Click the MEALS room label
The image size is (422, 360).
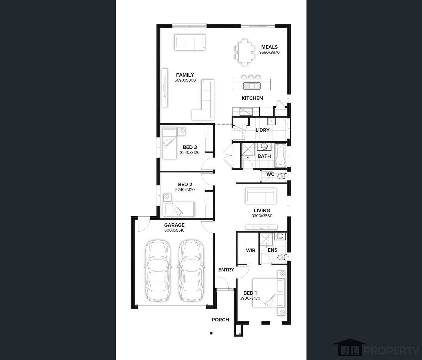point(269,47)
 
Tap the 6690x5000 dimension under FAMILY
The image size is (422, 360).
point(185,80)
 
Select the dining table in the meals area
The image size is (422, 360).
point(245,52)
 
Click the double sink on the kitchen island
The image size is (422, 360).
point(252,86)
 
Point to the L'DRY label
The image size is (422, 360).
point(263,130)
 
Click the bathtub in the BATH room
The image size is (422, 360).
point(280,156)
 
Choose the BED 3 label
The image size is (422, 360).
point(190,147)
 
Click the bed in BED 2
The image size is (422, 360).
point(179,209)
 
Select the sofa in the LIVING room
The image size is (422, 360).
point(261,196)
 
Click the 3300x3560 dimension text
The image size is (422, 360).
point(262,216)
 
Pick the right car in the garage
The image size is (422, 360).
point(191,270)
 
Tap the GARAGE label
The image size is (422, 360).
point(174,225)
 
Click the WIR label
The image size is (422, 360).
point(250,250)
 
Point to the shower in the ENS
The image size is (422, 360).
point(266,239)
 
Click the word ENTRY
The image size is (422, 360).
point(226,270)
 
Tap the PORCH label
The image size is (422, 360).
point(220,320)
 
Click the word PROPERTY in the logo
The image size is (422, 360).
point(391,351)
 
